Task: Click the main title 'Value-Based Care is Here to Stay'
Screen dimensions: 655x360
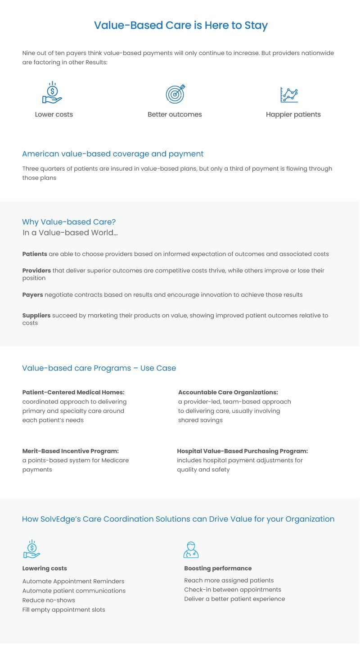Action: (180, 25)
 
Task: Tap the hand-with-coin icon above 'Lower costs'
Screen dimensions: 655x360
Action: (52, 93)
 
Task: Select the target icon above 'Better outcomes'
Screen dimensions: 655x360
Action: (175, 94)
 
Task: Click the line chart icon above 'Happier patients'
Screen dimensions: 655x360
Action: (289, 95)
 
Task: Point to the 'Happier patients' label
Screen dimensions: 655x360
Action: (293, 114)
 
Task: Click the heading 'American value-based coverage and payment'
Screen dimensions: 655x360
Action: (112, 154)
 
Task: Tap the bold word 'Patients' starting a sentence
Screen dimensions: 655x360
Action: (35, 254)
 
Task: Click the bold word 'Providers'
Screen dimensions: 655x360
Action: (36, 271)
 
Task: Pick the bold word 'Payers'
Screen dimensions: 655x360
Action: (32, 295)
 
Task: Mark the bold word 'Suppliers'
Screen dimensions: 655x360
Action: (36, 316)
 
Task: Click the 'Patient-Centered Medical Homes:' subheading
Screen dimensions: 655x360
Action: (73, 392)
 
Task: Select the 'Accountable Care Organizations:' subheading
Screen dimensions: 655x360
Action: (228, 392)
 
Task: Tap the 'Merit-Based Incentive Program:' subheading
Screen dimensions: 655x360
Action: (70, 451)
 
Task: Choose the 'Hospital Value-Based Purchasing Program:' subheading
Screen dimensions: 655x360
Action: (242, 451)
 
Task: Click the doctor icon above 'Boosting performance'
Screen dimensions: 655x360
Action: (191, 550)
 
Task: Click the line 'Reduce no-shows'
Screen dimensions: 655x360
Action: (49, 600)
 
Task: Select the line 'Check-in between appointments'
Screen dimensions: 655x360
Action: (232, 589)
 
